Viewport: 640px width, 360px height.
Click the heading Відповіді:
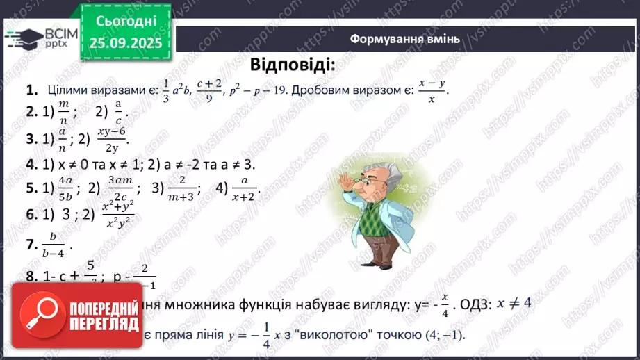(x=292, y=66)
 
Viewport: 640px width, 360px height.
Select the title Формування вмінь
(x=404, y=39)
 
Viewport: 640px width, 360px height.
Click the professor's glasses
(x=360, y=179)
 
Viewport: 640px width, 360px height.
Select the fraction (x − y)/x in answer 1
(x=431, y=90)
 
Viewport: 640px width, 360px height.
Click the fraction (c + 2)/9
(x=208, y=90)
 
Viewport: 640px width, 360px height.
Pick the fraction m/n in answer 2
(x=65, y=111)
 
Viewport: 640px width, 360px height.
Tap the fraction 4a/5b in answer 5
(x=66, y=188)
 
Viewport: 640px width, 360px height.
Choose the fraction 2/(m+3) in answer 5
(x=183, y=188)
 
